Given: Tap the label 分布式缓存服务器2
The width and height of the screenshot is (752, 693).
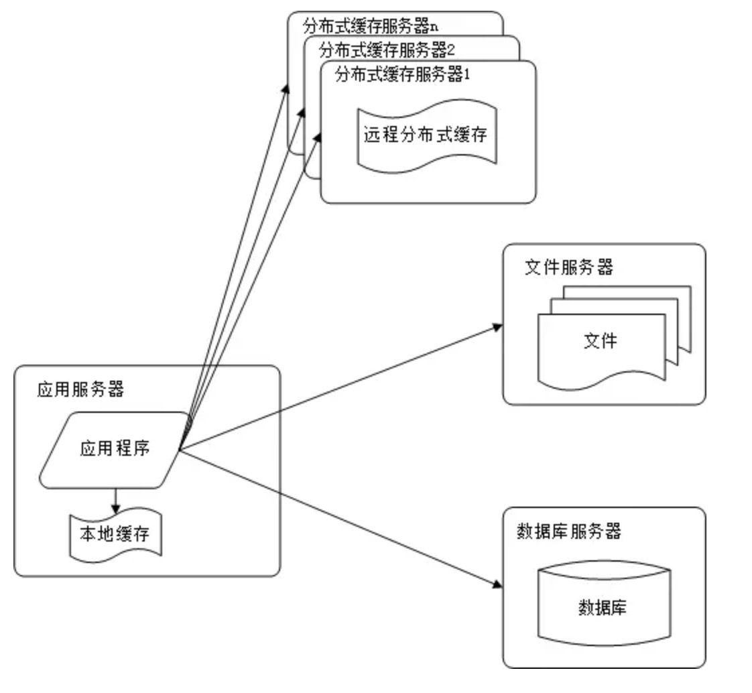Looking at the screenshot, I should pos(388,50).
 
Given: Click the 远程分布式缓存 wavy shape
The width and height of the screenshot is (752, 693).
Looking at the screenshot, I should pos(426,135).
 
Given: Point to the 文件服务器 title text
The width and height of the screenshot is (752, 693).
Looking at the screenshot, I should pos(568,267).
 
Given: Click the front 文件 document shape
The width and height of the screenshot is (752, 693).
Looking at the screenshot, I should pos(600,342).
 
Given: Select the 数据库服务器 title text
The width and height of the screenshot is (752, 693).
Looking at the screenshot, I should pos(570,531).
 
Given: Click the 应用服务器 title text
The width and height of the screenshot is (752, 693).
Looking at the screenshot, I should pos(80,389).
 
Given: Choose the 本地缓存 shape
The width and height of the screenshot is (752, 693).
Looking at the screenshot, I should pos(115,535).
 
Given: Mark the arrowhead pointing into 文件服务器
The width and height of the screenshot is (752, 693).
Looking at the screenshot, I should pos(497,326).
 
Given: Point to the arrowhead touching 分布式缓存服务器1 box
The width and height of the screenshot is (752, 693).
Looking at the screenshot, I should pos(318,136).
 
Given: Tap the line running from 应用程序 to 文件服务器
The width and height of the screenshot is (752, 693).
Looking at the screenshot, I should pos(335,389).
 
